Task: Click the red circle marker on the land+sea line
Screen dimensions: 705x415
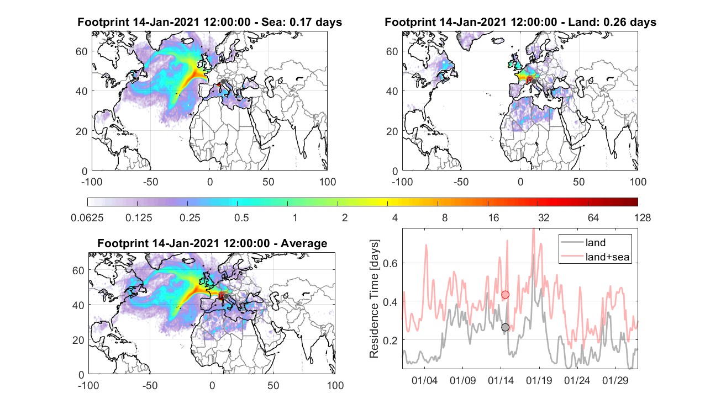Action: click(505, 295)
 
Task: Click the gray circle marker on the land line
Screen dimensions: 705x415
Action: click(505, 327)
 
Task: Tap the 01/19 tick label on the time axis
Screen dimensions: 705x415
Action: click(539, 380)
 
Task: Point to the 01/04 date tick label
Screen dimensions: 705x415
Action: click(424, 380)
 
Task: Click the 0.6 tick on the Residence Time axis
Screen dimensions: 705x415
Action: click(391, 263)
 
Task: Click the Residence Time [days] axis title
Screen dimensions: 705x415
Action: click(374, 299)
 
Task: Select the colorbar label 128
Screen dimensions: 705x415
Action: click(643, 217)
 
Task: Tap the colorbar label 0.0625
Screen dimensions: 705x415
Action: click(87, 217)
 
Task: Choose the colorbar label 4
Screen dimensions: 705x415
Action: click(394, 217)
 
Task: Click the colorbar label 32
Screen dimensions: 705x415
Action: click(544, 217)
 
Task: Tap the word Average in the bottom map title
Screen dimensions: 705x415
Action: click(304, 243)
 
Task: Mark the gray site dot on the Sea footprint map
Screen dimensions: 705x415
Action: click(223, 82)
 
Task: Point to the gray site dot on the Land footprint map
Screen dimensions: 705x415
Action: click(534, 82)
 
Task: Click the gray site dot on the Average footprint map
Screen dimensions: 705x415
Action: click(226, 296)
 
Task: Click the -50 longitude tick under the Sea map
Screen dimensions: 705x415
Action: click(150, 182)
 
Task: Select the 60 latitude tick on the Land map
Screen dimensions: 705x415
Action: click(392, 51)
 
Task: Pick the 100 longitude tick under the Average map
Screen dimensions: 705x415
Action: click(335, 385)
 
